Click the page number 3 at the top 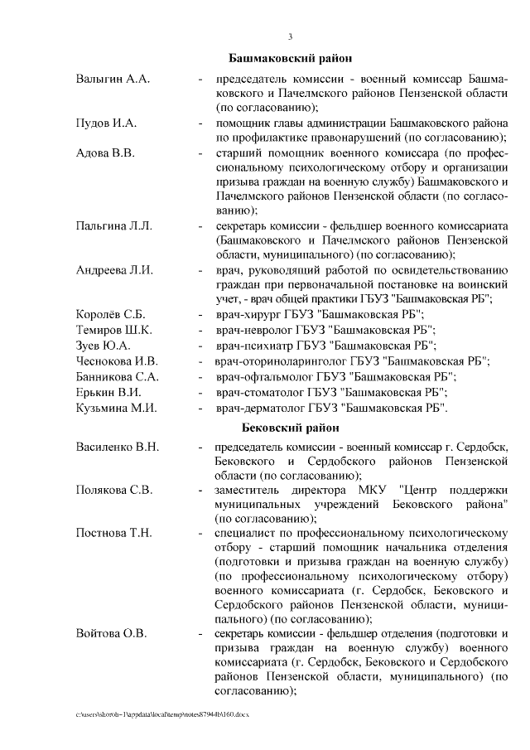pos(290,36)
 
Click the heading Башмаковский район pos(290,59)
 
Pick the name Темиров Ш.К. pos(108,330)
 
